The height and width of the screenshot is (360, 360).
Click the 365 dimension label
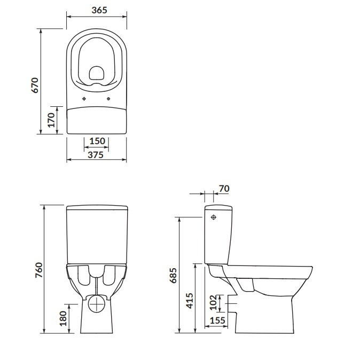tap(99, 10)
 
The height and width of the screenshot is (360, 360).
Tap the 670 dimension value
tap(35, 85)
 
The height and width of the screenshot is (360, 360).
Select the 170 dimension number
tap(51, 120)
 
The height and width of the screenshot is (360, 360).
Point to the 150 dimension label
tap(97, 141)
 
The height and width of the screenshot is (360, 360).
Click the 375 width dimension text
tap(96, 155)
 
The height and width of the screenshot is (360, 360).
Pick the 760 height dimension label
tap(39, 270)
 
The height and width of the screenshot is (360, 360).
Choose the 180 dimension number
tap(63, 318)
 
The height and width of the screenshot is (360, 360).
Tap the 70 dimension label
tap(224, 189)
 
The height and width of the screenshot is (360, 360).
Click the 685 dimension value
tap(173, 275)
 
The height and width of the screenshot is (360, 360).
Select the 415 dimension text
tap(190, 301)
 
